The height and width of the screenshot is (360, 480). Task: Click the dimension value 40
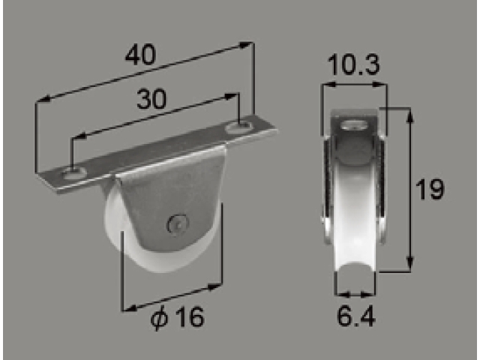tap(140, 55)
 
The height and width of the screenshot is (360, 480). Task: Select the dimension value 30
tap(151, 99)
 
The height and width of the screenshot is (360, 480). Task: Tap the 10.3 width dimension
tap(353, 65)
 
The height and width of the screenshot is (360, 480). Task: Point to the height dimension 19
tap(429, 190)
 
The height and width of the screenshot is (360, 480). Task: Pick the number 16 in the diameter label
tap(190, 316)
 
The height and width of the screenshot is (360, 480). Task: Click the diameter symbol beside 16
tap(159, 318)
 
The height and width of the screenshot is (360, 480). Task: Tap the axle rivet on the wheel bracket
tap(177, 225)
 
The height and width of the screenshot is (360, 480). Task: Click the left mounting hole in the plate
tap(73, 173)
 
